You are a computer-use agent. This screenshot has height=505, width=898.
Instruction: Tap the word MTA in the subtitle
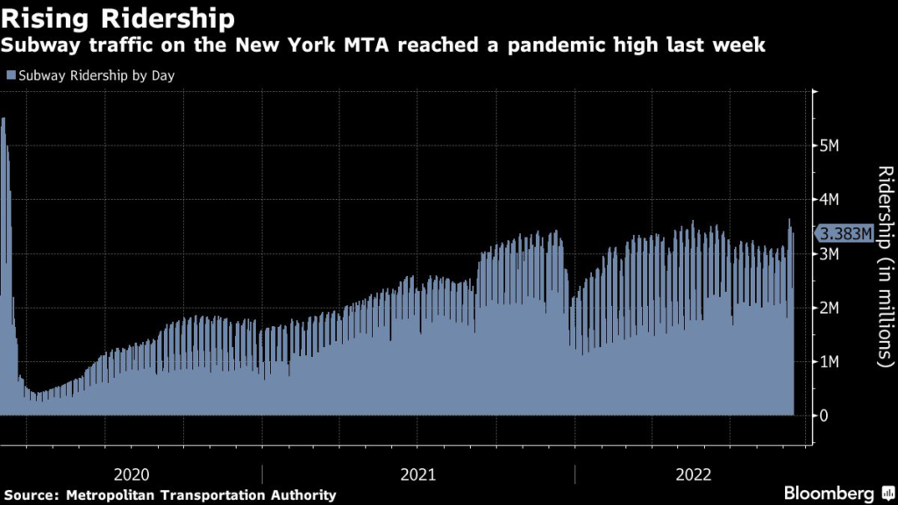370,45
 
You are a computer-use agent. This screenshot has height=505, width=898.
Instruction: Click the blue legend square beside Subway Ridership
9,75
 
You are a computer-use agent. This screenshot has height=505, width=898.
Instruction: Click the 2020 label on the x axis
132,474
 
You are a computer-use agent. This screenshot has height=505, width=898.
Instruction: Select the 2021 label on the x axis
418,474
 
